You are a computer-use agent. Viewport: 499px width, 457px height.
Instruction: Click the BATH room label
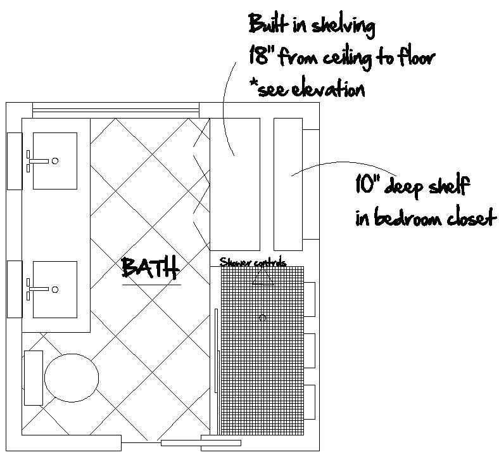click(150, 267)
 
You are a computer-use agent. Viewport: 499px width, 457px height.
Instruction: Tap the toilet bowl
click(72, 378)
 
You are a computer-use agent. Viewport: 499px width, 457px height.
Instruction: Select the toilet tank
click(34, 378)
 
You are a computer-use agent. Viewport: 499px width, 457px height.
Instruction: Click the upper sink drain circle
click(55, 161)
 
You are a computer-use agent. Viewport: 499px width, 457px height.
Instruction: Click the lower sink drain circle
click(55, 290)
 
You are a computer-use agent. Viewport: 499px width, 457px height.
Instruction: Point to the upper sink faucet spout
click(39, 161)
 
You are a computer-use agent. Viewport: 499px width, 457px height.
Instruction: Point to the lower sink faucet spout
click(39, 289)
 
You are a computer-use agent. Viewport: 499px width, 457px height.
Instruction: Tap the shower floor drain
click(263, 318)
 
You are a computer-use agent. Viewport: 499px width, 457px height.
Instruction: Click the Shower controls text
click(253, 262)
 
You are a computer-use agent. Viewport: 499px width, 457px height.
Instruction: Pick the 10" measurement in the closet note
click(364, 184)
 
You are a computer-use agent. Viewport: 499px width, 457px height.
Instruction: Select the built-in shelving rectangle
click(235, 184)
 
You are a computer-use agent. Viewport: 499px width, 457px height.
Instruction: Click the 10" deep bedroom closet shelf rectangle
click(288, 184)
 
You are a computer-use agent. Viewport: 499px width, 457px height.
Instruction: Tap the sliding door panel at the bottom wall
click(201, 442)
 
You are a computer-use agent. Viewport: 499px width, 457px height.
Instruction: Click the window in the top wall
click(116, 110)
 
